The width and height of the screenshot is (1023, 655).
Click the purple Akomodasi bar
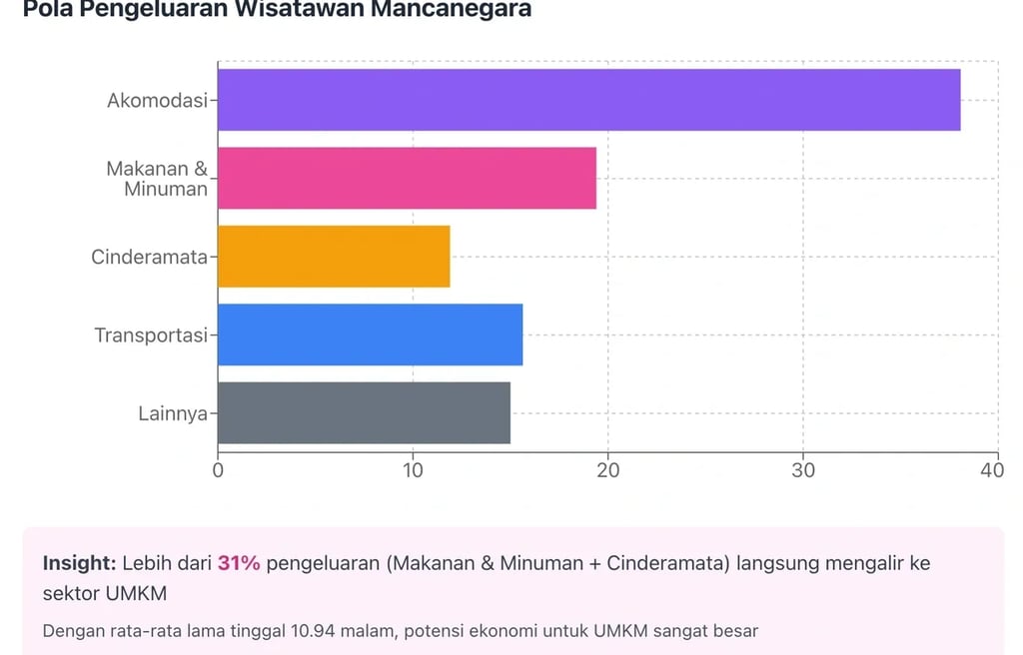(x=588, y=100)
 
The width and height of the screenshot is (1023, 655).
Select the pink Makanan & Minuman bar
(x=407, y=178)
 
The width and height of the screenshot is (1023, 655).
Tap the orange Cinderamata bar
(x=334, y=257)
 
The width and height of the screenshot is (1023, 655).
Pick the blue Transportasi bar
(x=370, y=334)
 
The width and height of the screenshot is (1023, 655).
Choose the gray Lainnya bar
(x=364, y=412)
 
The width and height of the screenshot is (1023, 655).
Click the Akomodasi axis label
(x=157, y=101)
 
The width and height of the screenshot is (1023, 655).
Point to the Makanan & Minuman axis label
(x=158, y=179)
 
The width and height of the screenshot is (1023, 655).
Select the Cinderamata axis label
(x=149, y=257)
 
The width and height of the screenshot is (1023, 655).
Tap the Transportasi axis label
(x=151, y=334)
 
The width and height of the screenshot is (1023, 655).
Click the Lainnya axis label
(x=173, y=412)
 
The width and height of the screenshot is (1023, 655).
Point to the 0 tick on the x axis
(x=218, y=470)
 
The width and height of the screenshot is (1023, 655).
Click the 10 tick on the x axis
(x=413, y=470)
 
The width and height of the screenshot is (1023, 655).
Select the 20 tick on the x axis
(x=607, y=470)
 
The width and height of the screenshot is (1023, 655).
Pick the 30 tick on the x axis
(x=803, y=470)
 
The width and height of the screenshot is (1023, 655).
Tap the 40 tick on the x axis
(x=992, y=470)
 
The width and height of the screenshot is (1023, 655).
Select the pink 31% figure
(x=239, y=563)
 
